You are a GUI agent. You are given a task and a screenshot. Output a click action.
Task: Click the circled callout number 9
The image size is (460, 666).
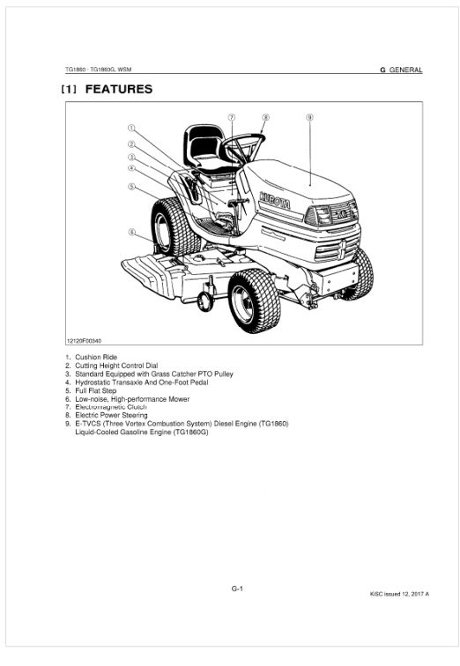(x=309, y=117)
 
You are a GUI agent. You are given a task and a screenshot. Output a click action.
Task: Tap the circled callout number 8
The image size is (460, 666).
(x=265, y=117)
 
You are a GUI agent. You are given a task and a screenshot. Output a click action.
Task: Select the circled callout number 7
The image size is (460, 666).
(x=232, y=117)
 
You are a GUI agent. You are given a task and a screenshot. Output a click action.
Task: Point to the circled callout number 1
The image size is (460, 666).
(x=131, y=128)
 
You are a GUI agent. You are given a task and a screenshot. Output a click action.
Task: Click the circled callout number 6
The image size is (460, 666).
(x=132, y=232)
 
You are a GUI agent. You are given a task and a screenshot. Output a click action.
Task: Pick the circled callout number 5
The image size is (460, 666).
(x=131, y=187)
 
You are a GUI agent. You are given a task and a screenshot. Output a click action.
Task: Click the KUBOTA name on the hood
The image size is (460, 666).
(x=275, y=201)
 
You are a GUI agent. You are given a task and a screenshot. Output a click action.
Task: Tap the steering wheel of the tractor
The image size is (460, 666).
(x=244, y=147)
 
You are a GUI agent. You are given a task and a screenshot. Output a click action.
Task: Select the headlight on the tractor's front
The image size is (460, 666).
(x=319, y=215)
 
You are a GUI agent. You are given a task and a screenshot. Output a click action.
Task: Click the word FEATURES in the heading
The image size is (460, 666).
(x=119, y=89)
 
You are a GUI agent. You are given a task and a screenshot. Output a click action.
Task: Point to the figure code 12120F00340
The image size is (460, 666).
(x=84, y=341)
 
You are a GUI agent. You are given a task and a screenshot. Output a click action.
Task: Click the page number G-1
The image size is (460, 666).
(x=237, y=588)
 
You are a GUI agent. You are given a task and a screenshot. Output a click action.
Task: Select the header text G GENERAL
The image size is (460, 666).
(x=401, y=70)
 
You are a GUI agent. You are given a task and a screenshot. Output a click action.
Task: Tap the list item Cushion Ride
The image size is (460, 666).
(x=96, y=357)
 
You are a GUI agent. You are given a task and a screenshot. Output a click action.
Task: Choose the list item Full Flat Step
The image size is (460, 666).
(x=95, y=390)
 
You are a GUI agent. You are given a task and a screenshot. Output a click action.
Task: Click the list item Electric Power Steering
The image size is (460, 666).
(x=111, y=415)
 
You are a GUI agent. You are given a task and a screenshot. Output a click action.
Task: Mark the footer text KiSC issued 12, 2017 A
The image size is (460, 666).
(x=399, y=594)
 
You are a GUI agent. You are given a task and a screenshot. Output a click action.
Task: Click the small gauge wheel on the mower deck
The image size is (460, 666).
(x=205, y=300)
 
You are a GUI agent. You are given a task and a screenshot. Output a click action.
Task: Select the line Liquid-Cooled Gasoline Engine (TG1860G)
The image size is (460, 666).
(x=142, y=432)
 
